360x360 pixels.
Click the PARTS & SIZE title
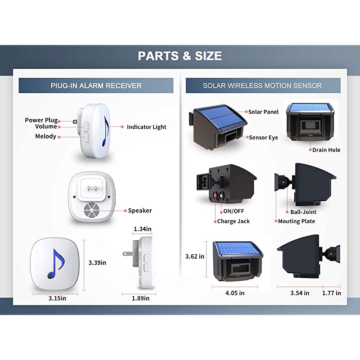pos(180,56)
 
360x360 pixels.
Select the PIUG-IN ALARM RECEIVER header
pos(96,85)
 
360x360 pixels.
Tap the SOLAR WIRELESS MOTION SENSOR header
pos(262,85)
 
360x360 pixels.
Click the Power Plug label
pos(41,120)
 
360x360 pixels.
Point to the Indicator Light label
pos(146,127)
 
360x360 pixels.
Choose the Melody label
pos(45,136)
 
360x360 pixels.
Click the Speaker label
pos(140,211)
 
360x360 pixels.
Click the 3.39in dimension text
pos(98,262)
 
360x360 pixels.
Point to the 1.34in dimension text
pos(142,229)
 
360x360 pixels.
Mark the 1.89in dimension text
pos(141,298)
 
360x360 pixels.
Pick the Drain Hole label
pos(326,150)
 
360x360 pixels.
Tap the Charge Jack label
pos(233,221)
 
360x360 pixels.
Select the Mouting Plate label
pos(297,221)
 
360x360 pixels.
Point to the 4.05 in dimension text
pos(235,293)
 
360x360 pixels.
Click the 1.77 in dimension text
pos(332,293)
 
